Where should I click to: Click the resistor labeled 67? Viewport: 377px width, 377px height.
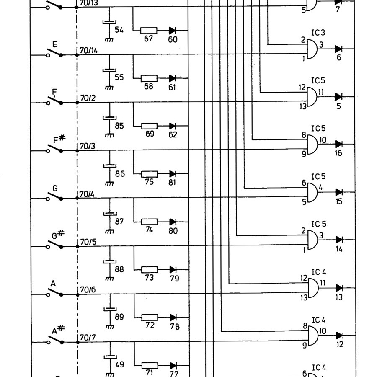(x=149, y=31)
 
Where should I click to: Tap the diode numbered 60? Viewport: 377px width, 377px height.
(x=172, y=31)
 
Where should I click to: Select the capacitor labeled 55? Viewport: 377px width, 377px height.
(x=109, y=70)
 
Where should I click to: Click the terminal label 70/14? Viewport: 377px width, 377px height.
(x=88, y=51)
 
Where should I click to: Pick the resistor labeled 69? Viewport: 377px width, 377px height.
(x=149, y=126)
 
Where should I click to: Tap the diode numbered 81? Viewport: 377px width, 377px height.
(x=173, y=173)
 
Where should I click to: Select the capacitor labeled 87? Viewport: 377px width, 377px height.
(x=110, y=214)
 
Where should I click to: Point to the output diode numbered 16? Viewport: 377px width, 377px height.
(x=339, y=144)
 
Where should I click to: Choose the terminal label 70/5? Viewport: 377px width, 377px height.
(x=88, y=242)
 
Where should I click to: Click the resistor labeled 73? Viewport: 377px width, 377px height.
(x=150, y=270)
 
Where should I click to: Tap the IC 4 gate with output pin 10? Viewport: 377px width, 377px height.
(x=313, y=336)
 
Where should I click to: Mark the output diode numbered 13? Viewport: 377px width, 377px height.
(x=339, y=288)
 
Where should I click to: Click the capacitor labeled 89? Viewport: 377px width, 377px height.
(x=110, y=309)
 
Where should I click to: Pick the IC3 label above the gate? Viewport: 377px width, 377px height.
(x=318, y=32)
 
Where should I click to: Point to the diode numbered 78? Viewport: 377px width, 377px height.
(x=173, y=318)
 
